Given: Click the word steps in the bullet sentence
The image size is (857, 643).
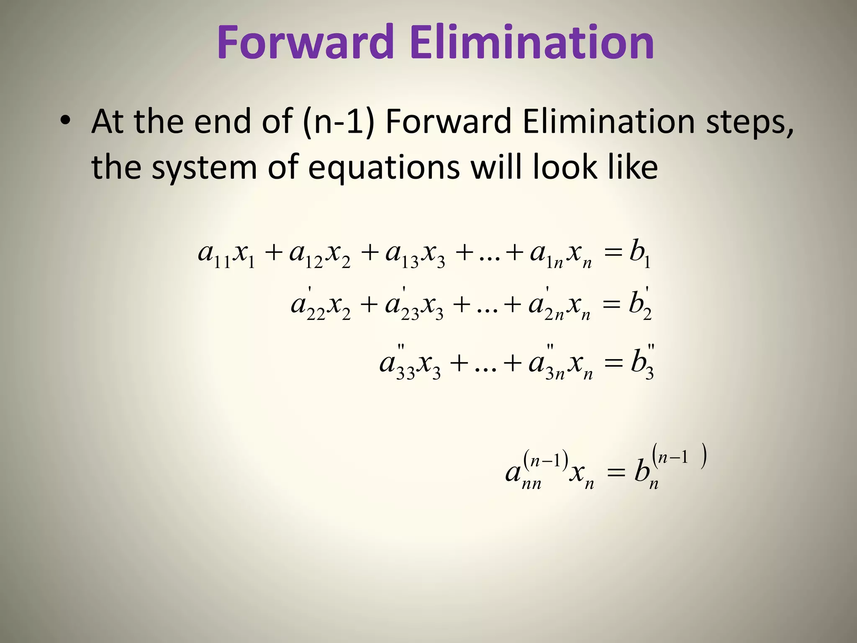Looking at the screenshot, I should [749, 122].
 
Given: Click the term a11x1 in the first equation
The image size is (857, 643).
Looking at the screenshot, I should [226, 255].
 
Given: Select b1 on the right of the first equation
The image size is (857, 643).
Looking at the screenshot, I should [639, 255].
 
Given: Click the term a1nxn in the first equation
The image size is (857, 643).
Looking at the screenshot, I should [561, 255].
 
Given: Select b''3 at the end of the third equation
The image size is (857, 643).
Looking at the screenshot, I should [642, 363].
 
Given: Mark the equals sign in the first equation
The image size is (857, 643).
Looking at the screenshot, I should [613, 254].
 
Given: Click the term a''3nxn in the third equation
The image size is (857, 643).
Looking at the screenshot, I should [561, 363].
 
